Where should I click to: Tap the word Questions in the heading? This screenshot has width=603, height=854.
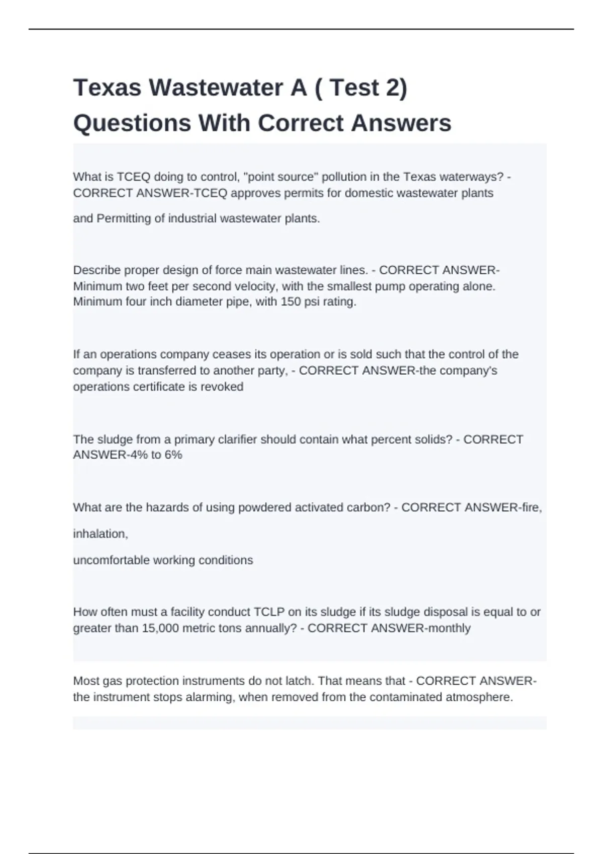[132, 123]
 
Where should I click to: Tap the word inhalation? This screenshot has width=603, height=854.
[100, 534]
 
